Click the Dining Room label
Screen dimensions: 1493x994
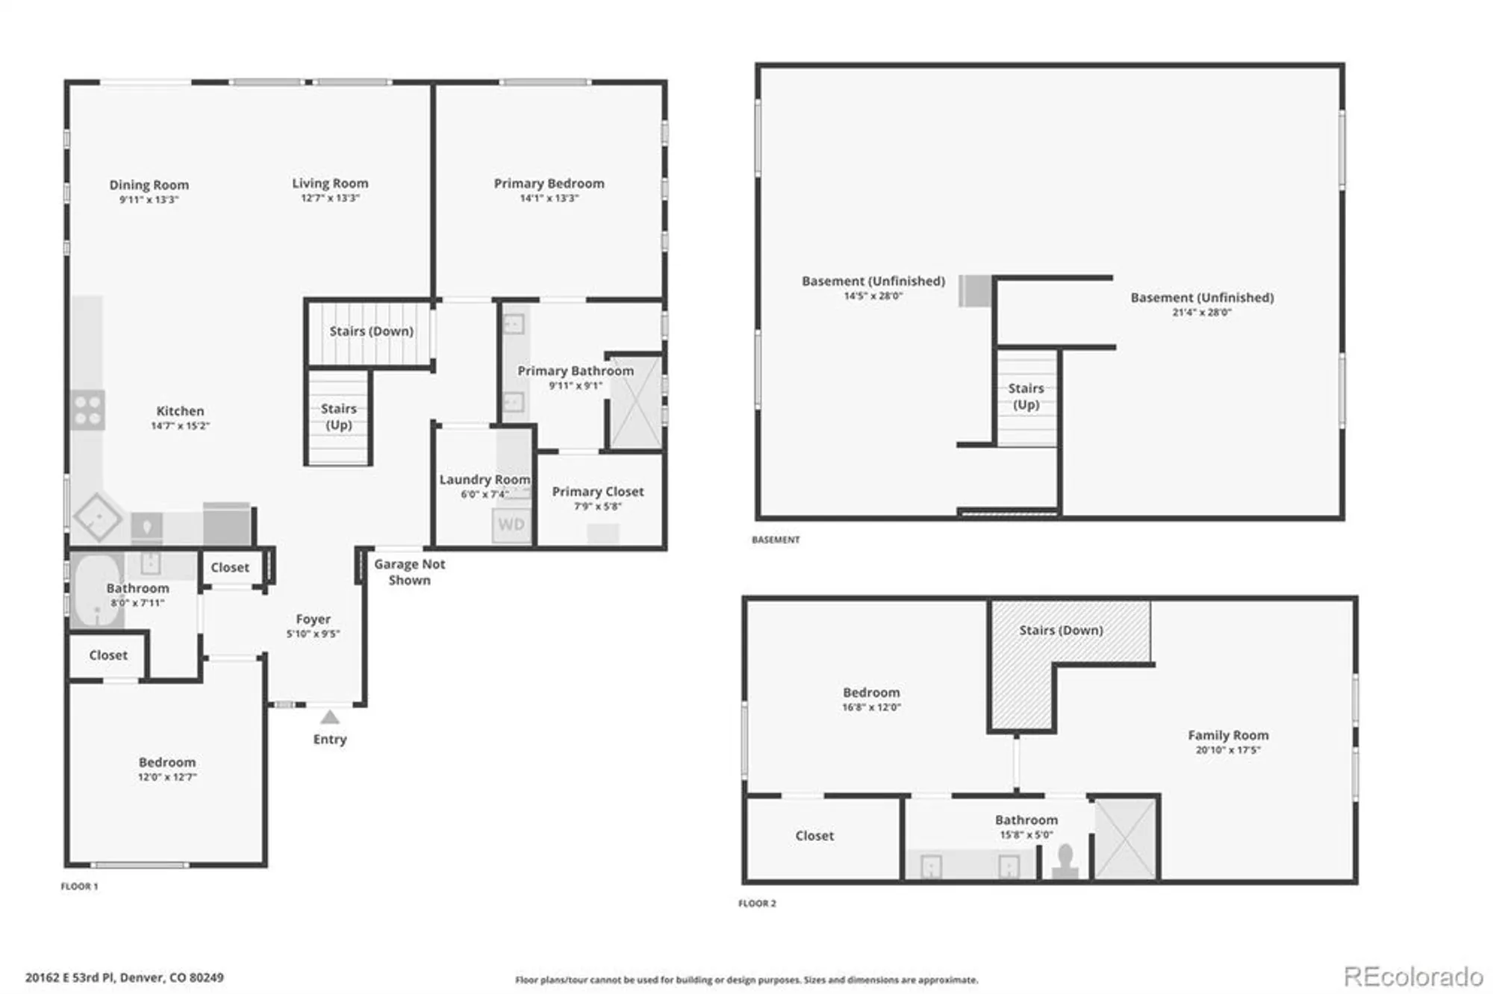149,184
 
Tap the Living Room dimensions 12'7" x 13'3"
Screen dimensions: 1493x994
330,199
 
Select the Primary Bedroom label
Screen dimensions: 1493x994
549,184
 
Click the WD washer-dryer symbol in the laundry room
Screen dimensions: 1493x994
511,525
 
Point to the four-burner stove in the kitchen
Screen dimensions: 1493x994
87,410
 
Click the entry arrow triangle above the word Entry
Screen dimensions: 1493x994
330,717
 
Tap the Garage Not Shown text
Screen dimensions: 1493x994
410,572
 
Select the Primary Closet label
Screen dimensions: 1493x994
598,492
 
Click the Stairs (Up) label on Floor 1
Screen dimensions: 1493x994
339,416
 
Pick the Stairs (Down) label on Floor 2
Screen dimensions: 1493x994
1062,631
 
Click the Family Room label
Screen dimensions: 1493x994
1229,735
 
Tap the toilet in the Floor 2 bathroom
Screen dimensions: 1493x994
1065,861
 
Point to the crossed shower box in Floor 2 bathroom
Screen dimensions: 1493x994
1124,838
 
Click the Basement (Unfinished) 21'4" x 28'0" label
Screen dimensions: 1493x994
1203,304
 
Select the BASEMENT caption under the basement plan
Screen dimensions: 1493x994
776,540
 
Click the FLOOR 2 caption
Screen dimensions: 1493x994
757,904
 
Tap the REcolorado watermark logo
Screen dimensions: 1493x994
1414,977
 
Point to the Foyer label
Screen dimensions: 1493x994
314,619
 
